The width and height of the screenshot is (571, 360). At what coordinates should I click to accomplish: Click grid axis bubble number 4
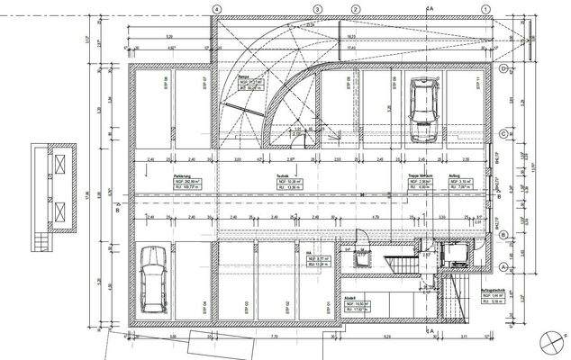coord(216,8)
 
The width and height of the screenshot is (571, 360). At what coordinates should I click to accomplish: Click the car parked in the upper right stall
coord(422,110)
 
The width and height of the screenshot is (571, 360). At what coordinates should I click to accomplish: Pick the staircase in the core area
coord(396,263)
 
